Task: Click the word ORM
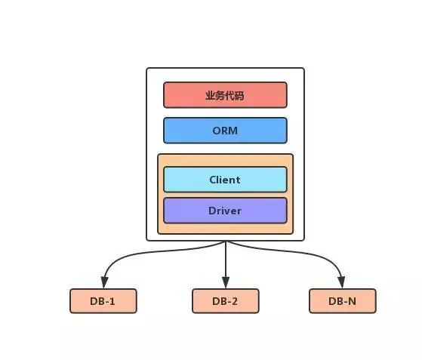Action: coord(225,131)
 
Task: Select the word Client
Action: coord(225,180)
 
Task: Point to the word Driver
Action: coord(225,211)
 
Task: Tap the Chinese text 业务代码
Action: coord(225,96)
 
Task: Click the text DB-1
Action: coord(103,301)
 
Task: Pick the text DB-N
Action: coord(342,301)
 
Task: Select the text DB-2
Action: coord(225,301)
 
